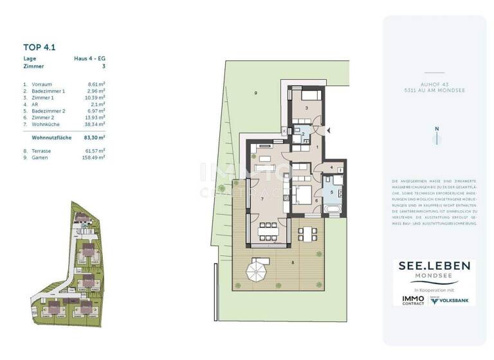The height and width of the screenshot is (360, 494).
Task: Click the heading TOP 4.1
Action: (40, 46)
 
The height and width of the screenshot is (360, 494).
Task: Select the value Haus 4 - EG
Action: (89, 59)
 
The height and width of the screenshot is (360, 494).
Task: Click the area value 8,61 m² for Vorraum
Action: (96, 84)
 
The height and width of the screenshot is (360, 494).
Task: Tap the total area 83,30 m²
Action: (95, 138)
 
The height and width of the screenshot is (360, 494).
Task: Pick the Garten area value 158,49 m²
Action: (95, 157)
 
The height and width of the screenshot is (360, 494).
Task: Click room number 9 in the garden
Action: (255, 94)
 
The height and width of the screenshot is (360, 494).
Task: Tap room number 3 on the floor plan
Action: (307, 108)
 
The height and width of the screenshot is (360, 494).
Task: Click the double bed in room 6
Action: (302, 195)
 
